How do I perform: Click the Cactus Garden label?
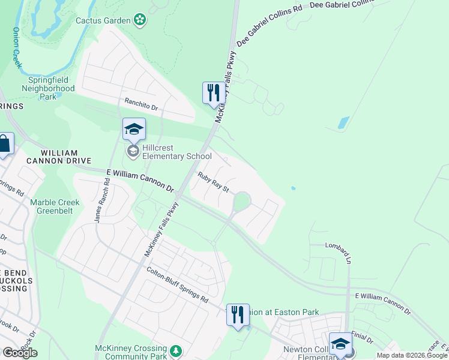coord(103,20)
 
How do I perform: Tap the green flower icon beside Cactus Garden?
coord(140,20)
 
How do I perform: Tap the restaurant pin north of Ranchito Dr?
coord(213,94)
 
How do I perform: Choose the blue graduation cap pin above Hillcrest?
coord(134,130)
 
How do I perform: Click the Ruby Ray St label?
coord(214,182)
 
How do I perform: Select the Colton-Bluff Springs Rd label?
coord(177,284)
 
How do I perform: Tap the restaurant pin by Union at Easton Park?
coord(238,314)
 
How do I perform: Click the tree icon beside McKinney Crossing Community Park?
coord(176,350)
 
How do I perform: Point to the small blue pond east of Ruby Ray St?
coord(293,188)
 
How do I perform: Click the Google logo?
coord(20,353)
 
